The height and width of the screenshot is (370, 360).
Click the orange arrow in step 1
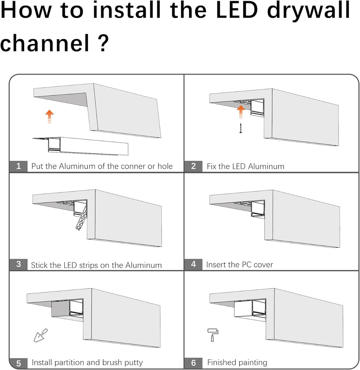(49, 116)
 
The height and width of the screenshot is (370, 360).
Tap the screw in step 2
(240, 128)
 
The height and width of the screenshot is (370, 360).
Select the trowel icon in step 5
(41, 335)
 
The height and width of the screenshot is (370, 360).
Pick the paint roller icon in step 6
(213, 335)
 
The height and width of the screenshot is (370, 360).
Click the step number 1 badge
(19, 166)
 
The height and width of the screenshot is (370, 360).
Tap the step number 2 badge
(193, 166)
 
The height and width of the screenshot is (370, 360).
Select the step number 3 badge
(19, 264)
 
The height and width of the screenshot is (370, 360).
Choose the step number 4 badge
(193, 264)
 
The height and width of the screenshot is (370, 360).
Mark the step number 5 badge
(19, 363)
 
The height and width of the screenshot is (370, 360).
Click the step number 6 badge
(193, 363)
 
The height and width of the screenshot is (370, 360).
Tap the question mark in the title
(104, 43)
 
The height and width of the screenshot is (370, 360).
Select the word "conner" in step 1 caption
(133, 166)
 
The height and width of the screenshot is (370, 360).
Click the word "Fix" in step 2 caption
(211, 166)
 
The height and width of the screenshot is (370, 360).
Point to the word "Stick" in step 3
(39, 265)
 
